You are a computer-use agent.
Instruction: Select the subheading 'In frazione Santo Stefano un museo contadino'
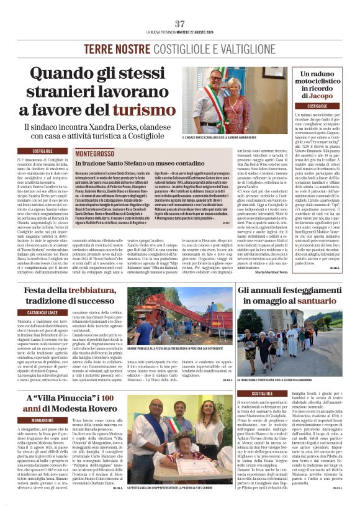133,163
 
